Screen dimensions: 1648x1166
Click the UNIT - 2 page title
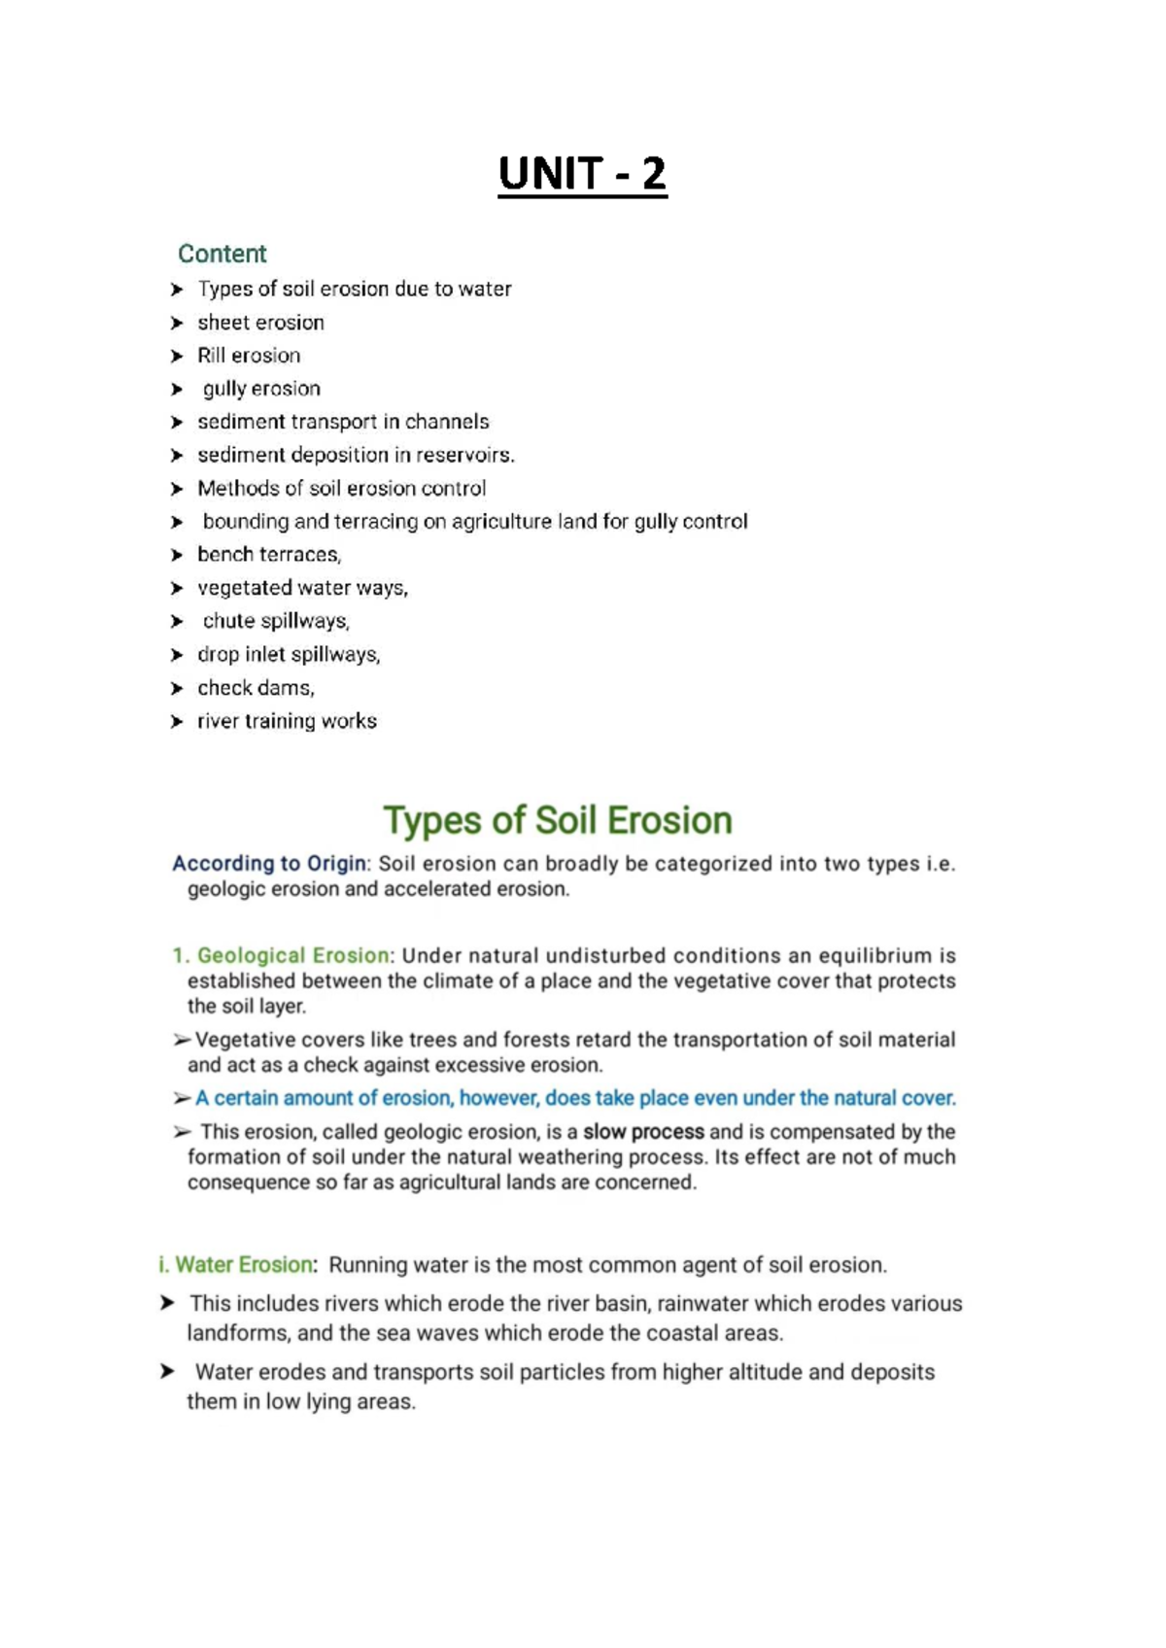click(x=582, y=175)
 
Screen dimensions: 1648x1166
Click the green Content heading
click(x=222, y=254)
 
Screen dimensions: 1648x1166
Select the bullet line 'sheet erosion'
click(x=260, y=323)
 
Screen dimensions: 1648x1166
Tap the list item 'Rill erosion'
click(x=249, y=356)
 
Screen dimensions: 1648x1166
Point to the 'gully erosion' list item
click(x=260, y=389)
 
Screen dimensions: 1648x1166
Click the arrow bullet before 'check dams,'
click(x=177, y=689)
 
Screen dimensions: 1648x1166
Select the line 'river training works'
click(x=287, y=721)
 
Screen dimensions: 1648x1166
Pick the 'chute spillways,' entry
click(x=275, y=621)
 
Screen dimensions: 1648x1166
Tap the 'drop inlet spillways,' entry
click(x=289, y=655)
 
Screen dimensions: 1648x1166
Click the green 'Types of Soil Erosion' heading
click(x=557, y=820)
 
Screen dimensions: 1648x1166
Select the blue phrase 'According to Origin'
click(x=269, y=864)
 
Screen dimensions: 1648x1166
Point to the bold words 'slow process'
click(x=643, y=1132)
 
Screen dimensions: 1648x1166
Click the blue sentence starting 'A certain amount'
click(x=575, y=1098)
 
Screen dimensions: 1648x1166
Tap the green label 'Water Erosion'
click(x=244, y=1265)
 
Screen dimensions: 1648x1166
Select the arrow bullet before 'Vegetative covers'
click(x=182, y=1041)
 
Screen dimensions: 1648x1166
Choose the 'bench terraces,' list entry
click(x=269, y=555)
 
